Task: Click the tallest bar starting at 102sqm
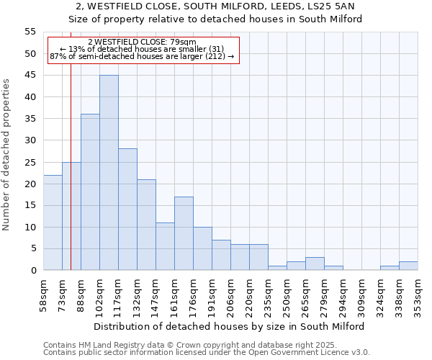tap(109, 173)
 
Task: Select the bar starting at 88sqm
tap(90, 192)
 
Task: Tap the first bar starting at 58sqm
tap(53, 222)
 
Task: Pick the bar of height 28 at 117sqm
tap(127, 210)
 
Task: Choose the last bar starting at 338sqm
tap(408, 266)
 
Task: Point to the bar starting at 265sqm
tap(315, 264)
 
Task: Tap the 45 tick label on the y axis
tap(30, 76)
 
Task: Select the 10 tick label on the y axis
tap(30, 228)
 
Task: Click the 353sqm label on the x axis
tap(418, 295)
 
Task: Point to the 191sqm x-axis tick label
tap(212, 295)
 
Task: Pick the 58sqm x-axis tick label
tap(43, 295)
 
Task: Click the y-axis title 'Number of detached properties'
tap(7, 155)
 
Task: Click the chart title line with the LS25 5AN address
tap(215, 6)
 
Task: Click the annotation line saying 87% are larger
tap(142, 56)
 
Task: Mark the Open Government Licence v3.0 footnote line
tap(207, 352)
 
